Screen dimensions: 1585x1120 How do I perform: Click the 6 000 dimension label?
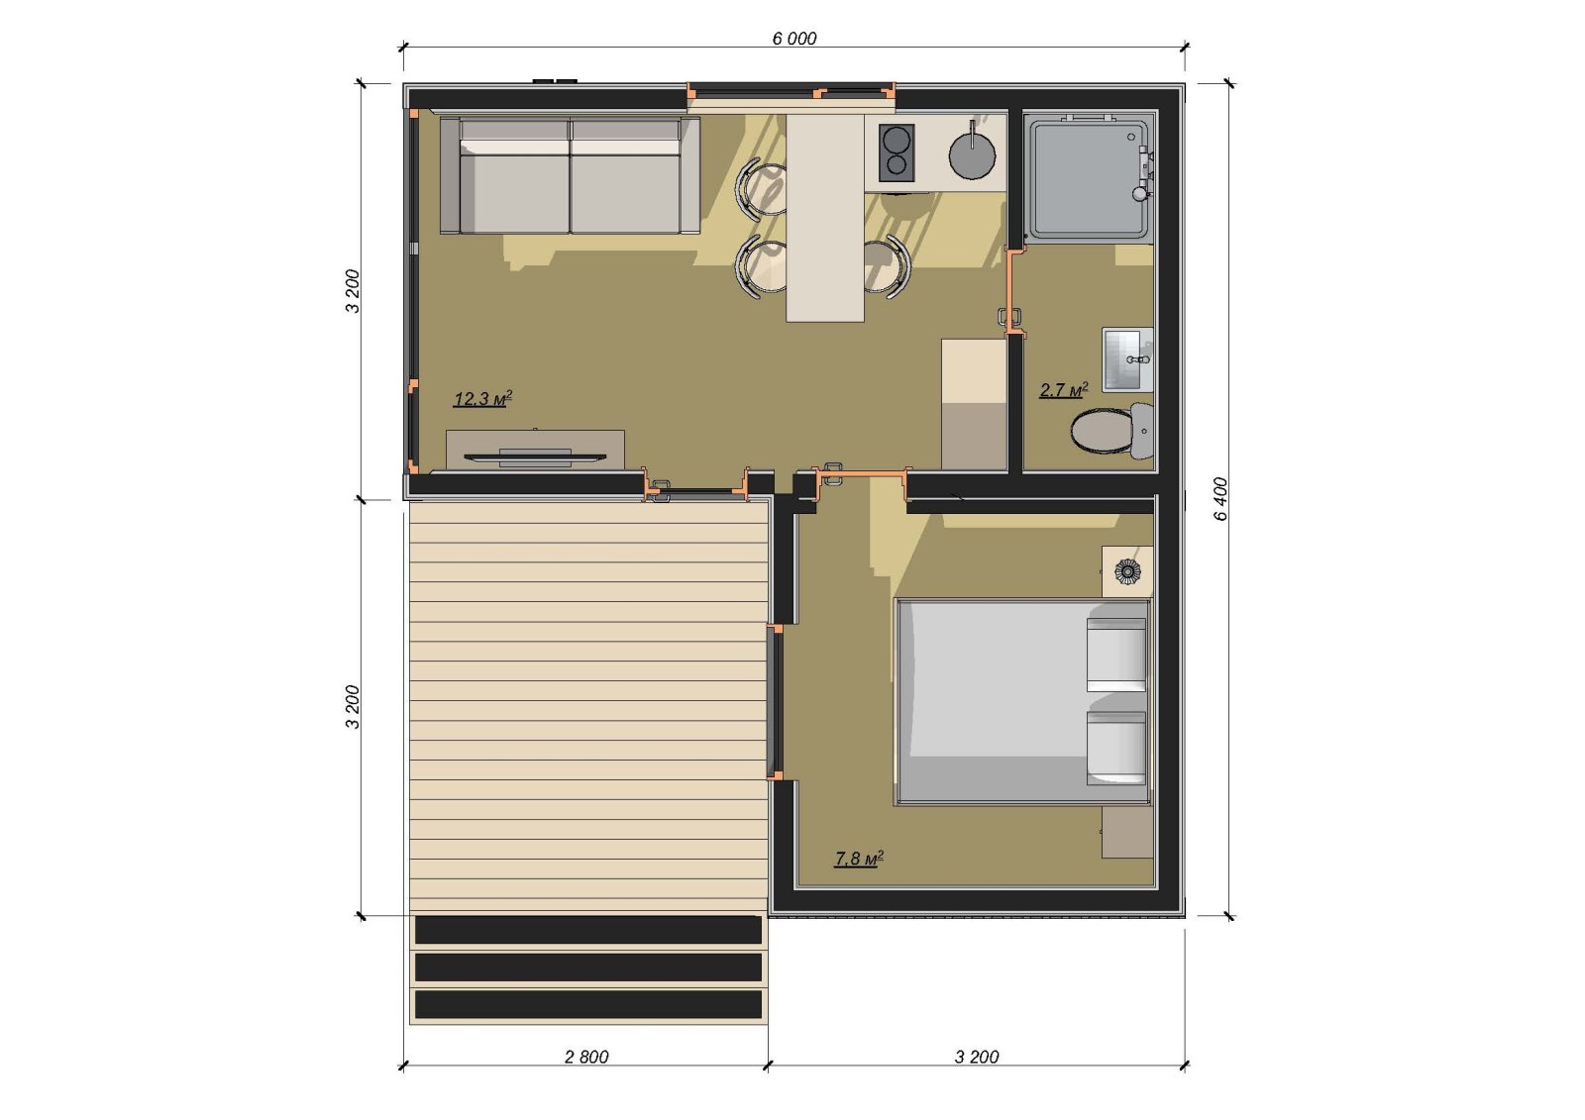click(793, 39)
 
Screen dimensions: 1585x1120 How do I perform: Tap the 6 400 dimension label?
click(1220, 499)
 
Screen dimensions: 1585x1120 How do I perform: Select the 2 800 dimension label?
click(586, 1057)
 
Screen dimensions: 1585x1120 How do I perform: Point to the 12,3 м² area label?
click(482, 398)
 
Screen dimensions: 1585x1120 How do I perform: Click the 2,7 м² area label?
click(1064, 389)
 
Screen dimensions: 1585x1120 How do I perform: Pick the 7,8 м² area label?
click(859, 859)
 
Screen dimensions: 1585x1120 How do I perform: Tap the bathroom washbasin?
click(1127, 359)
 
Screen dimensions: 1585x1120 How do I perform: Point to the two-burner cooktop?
click(897, 153)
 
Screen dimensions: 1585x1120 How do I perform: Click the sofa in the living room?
click(570, 175)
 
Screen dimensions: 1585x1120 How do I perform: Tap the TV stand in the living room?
click(535, 450)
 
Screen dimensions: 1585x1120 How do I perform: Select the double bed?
click(1021, 702)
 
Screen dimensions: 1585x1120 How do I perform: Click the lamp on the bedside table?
click(1125, 571)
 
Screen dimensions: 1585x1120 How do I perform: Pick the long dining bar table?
click(825, 218)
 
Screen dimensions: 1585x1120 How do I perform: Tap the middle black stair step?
click(588, 967)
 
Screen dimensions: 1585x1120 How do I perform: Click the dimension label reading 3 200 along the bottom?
click(977, 1057)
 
